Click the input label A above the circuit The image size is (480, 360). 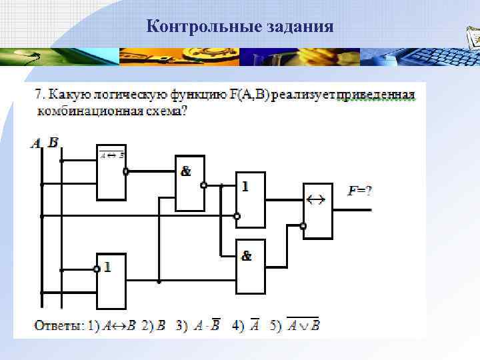pyautogui.click(x=36, y=142)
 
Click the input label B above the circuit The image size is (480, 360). pyautogui.click(x=53, y=142)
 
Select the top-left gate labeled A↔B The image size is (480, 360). pyautogui.click(x=111, y=172)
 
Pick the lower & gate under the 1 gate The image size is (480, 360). pyautogui.click(x=251, y=267)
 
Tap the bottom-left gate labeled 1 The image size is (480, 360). pyautogui.click(x=111, y=281)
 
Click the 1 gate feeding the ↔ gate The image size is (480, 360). pyautogui.click(x=251, y=199)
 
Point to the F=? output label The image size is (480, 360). pyautogui.click(x=360, y=191)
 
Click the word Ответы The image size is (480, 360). pyautogui.click(x=59, y=326)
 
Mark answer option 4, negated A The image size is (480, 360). pyautogui.click(x=255, y=326)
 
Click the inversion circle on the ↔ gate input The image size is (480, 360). pyautogui.click(x=303, y=227)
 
